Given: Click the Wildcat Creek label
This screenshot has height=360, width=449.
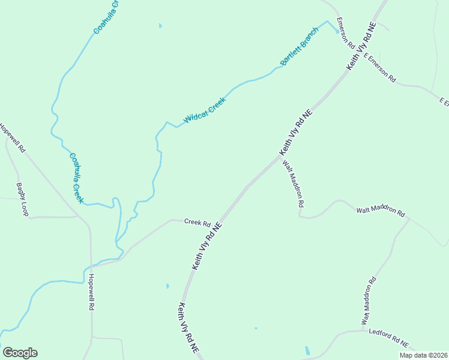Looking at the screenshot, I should tap(204, 110).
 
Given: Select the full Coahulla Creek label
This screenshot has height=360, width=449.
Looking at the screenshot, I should tap(76, 178).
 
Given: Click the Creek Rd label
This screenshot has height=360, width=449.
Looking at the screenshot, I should tap(197, 222).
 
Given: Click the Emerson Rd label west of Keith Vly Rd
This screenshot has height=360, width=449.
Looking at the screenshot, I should tap(344, 33).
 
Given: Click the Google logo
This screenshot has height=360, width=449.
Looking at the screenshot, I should tap(20, 353).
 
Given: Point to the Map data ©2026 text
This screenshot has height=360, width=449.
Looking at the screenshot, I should tap(422, 355).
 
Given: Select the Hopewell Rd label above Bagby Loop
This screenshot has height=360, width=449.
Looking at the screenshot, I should tap(12, 137).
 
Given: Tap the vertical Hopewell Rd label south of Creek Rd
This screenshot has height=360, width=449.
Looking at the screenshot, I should tap(91, 292).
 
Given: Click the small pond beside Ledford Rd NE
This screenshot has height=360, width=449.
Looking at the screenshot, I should tap(307, 350).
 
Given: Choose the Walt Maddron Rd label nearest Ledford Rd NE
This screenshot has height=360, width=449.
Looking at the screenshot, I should tap(369, 301).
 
